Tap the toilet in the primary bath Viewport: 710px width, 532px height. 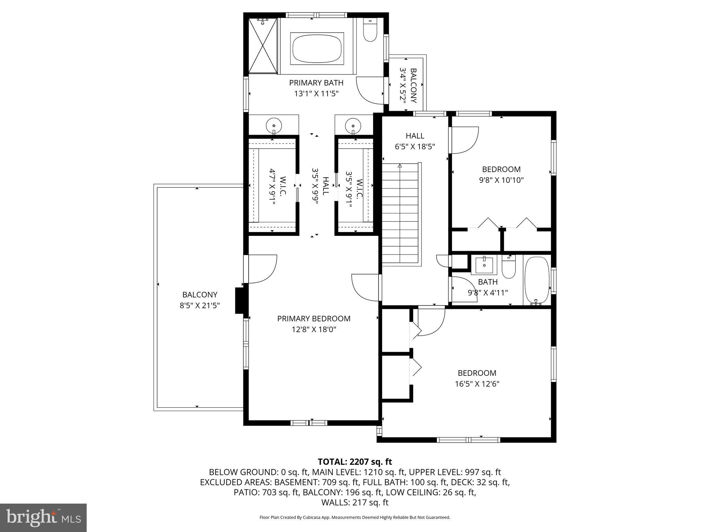(370, 31)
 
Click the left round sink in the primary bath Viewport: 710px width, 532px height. (274, 125)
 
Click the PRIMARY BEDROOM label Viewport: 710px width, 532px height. (314, 319)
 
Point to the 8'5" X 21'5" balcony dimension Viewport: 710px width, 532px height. (200, 305)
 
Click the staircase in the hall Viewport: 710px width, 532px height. (401, 213)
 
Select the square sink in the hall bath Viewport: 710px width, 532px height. (484, 265)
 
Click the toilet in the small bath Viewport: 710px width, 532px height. (509, 269)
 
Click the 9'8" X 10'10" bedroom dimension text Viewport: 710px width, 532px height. (501, 180)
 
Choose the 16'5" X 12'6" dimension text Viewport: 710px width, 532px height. (477, 384)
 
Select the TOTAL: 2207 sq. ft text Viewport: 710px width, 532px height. (355, 462)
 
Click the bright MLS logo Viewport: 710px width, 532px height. (43, 518)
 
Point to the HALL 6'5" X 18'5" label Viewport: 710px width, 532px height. (415, 141)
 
